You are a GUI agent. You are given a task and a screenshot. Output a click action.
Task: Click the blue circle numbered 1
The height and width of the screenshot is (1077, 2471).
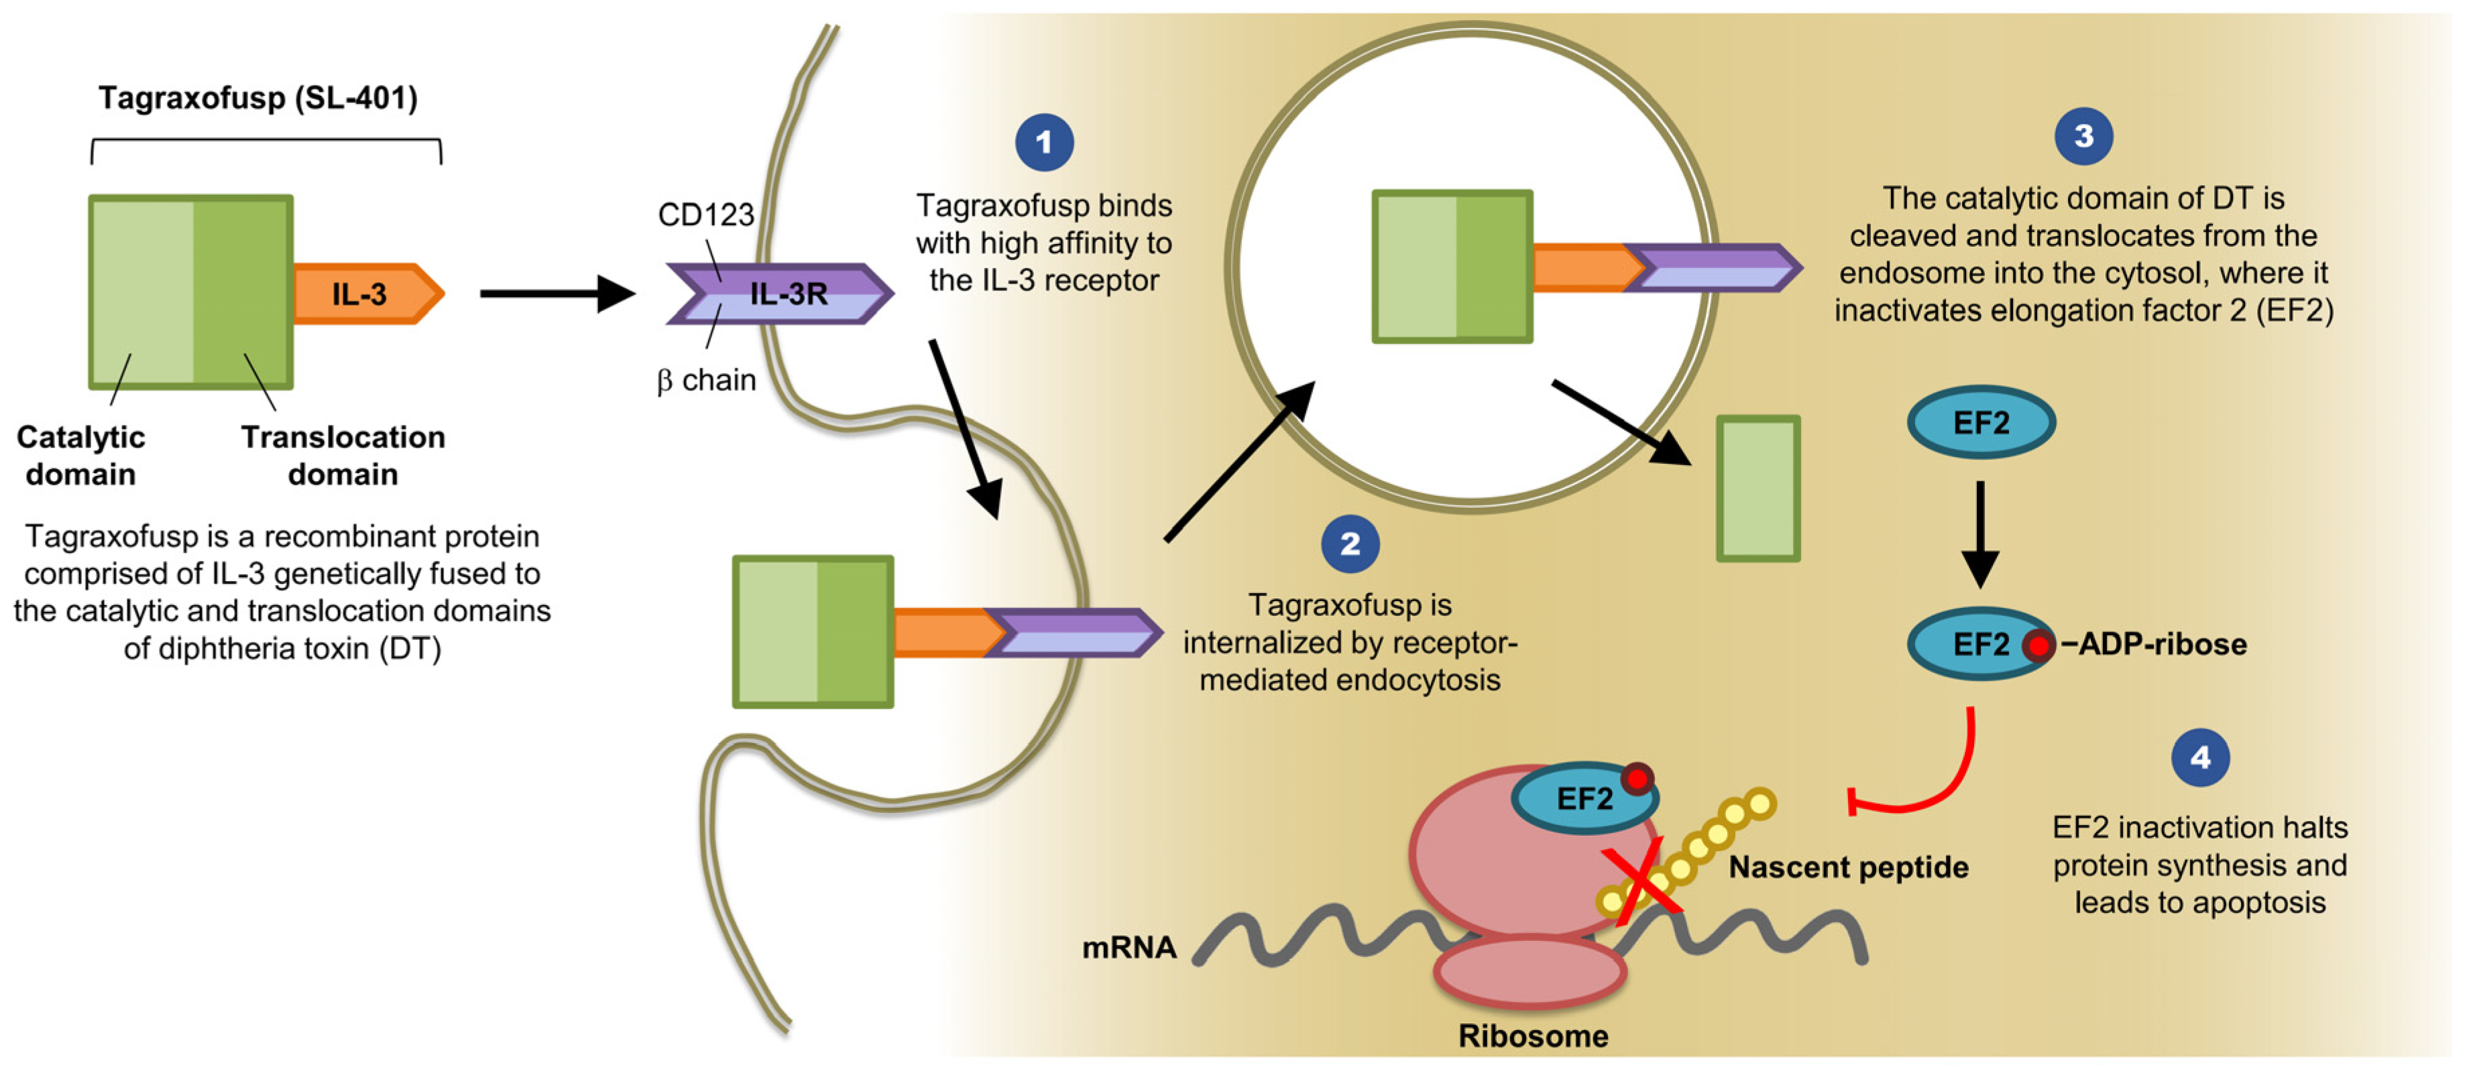pos(1043,143)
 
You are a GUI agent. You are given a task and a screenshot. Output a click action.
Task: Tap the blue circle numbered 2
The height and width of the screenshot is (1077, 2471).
pos(1350,544)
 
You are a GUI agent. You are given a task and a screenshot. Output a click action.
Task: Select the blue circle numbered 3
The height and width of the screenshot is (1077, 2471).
pos(2083,136)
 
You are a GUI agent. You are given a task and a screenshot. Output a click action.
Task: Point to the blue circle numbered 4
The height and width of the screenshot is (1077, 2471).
pos(2199,757)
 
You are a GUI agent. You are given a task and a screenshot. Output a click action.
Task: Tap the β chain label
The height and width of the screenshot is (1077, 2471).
pos(706,381)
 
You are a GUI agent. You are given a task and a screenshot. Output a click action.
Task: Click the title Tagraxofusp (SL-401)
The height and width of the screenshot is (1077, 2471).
pos(258,98)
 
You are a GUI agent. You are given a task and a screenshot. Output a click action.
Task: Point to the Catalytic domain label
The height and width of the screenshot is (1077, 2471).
pos(80,456)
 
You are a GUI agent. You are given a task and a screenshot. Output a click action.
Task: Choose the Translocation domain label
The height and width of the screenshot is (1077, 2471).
pos(343,456)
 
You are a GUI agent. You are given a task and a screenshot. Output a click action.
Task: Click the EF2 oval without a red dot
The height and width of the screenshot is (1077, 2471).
pos(1981,423)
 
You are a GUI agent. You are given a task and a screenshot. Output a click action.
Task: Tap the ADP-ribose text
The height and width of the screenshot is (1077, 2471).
pos(2161,643)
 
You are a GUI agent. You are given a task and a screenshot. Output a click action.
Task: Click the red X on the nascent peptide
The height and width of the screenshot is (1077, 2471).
pos(1643,879)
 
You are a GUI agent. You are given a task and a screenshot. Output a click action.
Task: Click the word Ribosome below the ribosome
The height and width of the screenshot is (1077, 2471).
pos(1533,1035)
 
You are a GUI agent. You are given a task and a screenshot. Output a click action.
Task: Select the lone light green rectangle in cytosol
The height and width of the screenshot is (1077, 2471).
pos(1758,488)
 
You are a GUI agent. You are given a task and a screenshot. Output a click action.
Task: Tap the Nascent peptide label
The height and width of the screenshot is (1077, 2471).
pos(1847,867)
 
